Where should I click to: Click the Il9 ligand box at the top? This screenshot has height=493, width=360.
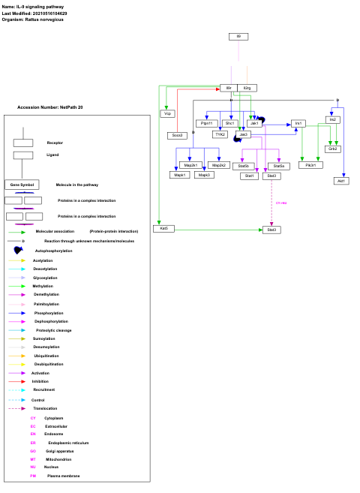pyautogui.click(x=238, y=36)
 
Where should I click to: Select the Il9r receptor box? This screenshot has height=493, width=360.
pyautogui.click(x=229, y=88)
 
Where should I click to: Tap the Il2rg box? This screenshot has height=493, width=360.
pyautogui.click(x=248, y=88)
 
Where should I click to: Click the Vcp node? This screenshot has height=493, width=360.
pyautogui.click(x=168, y=113)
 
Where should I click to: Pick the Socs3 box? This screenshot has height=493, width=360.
pyautogui.click(x=177, y=135)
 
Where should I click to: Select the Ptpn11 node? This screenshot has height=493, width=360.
pyautogui.click(x=207, y=123)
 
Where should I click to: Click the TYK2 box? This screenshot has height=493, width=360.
pyautogui.click(x=220, y=134)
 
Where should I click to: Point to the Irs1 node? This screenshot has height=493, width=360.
pyautogui.click(x=298, y=123)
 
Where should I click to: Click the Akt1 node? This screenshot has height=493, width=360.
pyautogui.click(x=342, y=180)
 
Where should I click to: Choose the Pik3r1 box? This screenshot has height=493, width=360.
pyautogui.click(x=310, y=164)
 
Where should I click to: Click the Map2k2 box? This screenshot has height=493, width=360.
pyautogui.click(x=219, y=164)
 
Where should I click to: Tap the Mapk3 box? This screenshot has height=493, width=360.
pyautogui.click(x=204, y=175)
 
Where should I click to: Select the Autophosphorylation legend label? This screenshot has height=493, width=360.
pyautogui.click(x=54, y=251)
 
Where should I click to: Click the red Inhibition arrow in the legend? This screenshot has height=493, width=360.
pyautogui.click(x=17, y=381)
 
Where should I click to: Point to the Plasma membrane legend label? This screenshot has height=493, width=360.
pyautogui.click(x=63, y=476)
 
